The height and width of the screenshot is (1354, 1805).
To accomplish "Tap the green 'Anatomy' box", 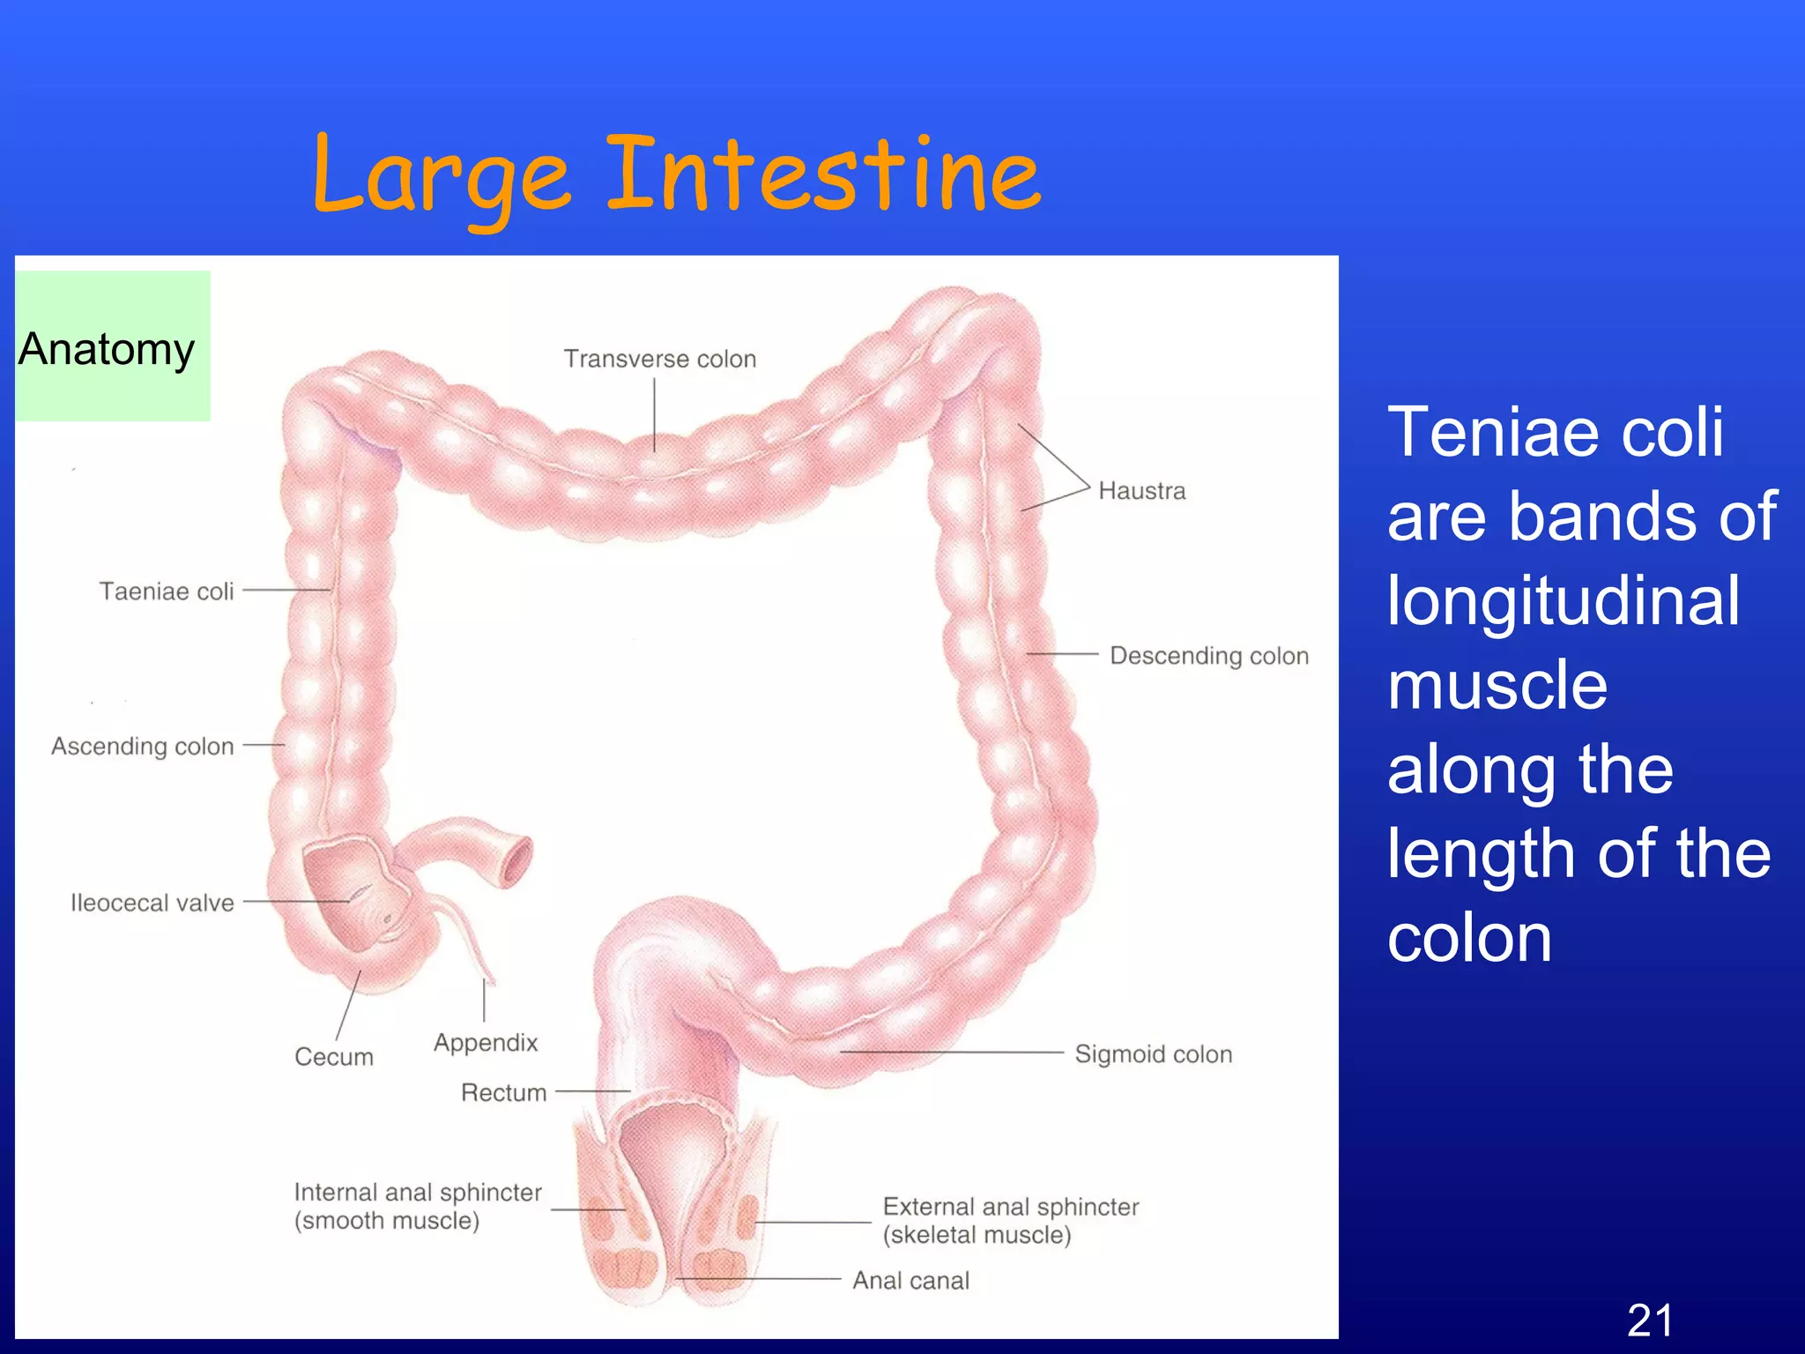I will (x=112, y=346).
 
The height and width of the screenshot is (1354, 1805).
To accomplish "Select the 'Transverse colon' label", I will (x=660, y=359).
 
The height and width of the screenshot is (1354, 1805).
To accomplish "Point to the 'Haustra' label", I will (x=1141, y=491).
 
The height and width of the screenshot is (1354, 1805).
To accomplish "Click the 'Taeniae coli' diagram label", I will (x=167, y=591).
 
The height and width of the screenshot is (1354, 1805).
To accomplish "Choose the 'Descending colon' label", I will (x=1208, y=656).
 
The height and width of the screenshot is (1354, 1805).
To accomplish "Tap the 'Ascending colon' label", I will (x=143, y=746).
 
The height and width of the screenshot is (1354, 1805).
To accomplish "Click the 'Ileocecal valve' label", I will (x=152, y=903).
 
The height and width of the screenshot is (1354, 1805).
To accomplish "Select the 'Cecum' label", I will (x=334, y=1056).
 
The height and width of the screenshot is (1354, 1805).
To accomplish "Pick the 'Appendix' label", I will (x=486, y=1043).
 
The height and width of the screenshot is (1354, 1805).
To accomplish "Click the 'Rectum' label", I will (x=504, y=1093).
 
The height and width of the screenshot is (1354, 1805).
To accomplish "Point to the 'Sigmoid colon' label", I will (x=1153, y=1054).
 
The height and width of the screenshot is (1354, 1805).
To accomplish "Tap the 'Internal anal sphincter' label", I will (x=418, y=1193).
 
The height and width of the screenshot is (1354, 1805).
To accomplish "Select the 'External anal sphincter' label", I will (x=1011, y=1207).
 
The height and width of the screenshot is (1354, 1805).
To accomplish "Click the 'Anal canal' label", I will (x=910, y=1280).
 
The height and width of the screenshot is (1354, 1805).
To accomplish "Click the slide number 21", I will (x=1650, y=1321).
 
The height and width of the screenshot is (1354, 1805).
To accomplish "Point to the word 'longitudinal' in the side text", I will (x=1564, y=601).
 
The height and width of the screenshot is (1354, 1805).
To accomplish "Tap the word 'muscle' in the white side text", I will (x=1497, y=685).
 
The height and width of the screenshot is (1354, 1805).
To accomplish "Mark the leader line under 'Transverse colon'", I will (x=655, y=414).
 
